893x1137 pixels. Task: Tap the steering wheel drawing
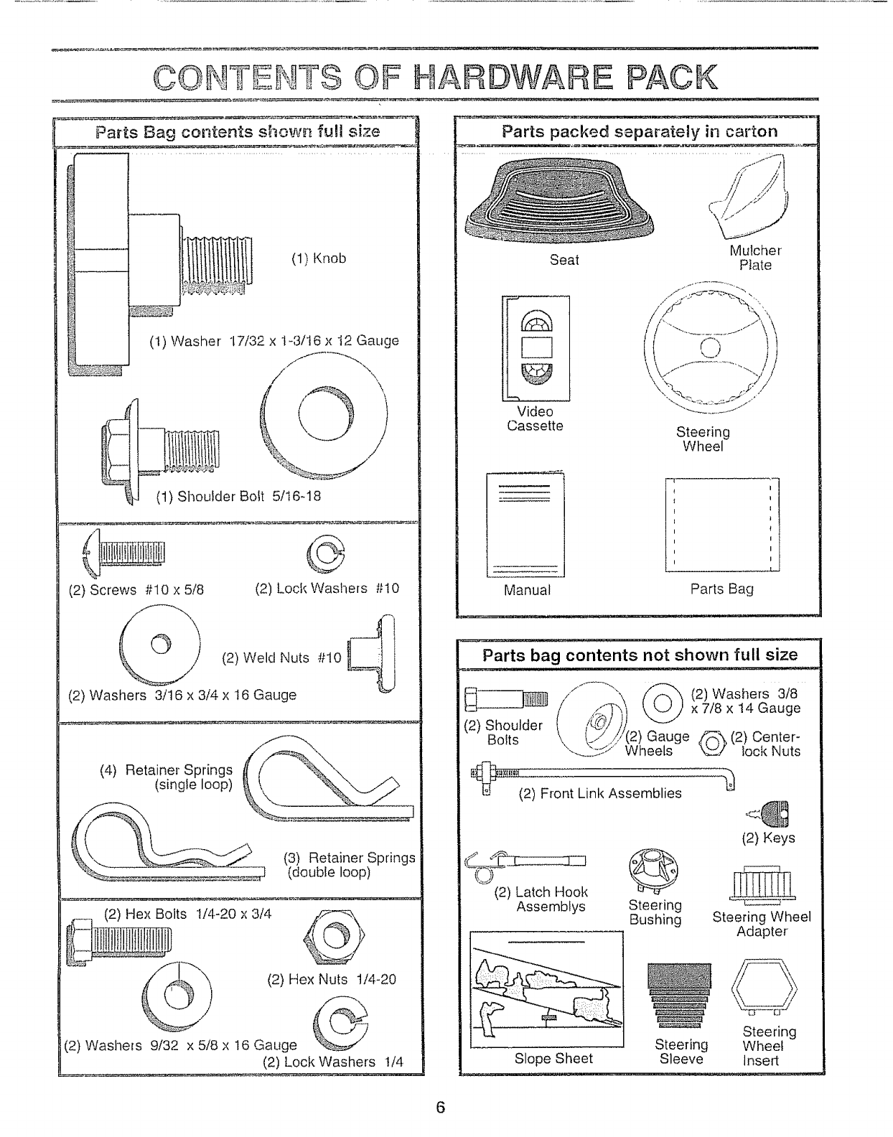point(709,349)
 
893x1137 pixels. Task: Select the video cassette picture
point(536,348)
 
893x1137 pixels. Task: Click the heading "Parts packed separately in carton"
point(639,131)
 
